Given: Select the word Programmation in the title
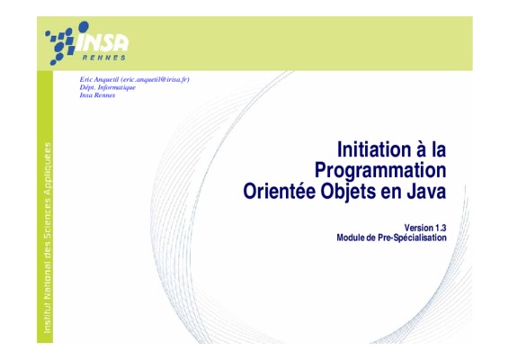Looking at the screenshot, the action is coord(380,171).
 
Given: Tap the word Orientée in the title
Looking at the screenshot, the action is coord(279,191).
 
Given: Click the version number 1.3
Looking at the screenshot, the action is coord(442,228).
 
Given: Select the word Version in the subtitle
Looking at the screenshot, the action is coord(419,228).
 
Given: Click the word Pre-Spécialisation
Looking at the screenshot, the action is coord(412,238).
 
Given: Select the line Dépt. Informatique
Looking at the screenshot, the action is coord(107,87).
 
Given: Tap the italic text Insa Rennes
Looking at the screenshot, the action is coord(97,95).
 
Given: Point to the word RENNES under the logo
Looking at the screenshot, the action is coord(104,58).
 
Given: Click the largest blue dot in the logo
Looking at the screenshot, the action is coord(84,27).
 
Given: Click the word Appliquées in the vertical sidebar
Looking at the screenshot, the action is coord(48,169).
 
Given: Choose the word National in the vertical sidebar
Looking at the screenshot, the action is coord(48,285).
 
